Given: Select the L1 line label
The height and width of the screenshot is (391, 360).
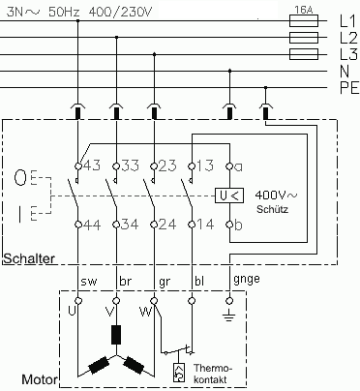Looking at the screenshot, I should point(345,19).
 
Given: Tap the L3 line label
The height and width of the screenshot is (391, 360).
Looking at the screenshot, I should point(345,55).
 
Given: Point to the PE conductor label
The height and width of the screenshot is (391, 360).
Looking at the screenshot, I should point(346,90).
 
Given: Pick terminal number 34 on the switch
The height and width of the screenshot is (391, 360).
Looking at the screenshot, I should point(130,225).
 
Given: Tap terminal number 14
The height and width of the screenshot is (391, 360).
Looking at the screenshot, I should point(203,225).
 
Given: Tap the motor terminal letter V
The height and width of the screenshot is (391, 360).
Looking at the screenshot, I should point(105,312).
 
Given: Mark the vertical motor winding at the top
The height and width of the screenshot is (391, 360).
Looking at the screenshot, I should point(116,335).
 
